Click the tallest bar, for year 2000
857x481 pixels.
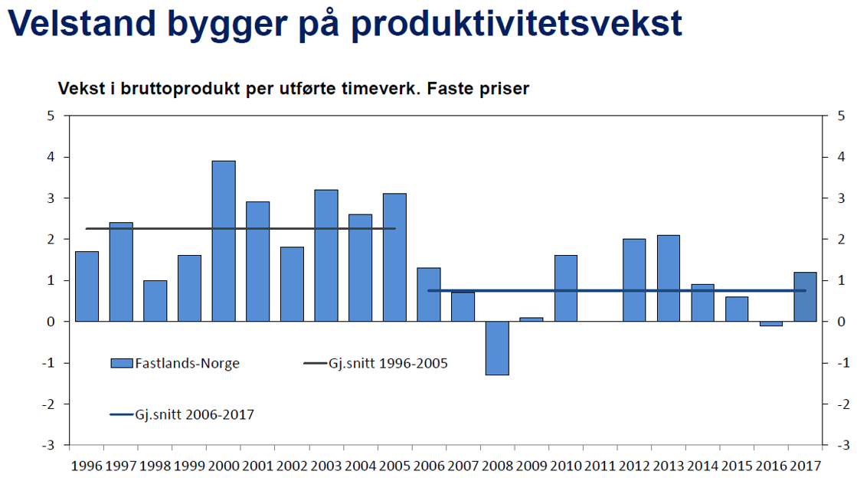224,240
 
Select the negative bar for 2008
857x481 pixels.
497,348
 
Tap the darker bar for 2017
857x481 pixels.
805,296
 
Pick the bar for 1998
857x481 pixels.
155,300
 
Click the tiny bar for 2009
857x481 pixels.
532,319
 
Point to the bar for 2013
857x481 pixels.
669,278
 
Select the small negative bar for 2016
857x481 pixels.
770,323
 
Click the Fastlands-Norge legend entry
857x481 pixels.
175,364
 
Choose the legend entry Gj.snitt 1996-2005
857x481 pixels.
375,364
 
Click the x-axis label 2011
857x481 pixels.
600,465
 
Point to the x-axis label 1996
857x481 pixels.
86,465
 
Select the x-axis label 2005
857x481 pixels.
394,465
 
